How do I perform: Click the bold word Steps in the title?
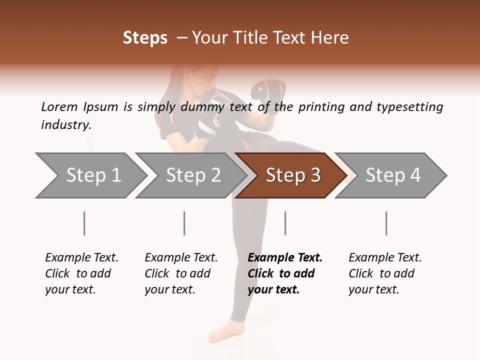[x=145, y=38]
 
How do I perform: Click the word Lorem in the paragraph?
[x=59, y=106]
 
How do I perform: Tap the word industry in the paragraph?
[x=66, y=124]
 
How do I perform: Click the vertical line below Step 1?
[x=84, y=223]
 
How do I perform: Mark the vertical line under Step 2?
[x=184, y=223]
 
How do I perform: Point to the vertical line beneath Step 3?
[x=285, y=223]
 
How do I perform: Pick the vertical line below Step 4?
[x=386, y=223]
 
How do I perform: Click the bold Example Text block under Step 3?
[x=285, y=273]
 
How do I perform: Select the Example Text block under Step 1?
[x=81, y=273]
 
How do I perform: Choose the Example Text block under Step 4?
[x=385, y=273]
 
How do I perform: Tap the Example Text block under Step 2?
[x=181, y=273]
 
